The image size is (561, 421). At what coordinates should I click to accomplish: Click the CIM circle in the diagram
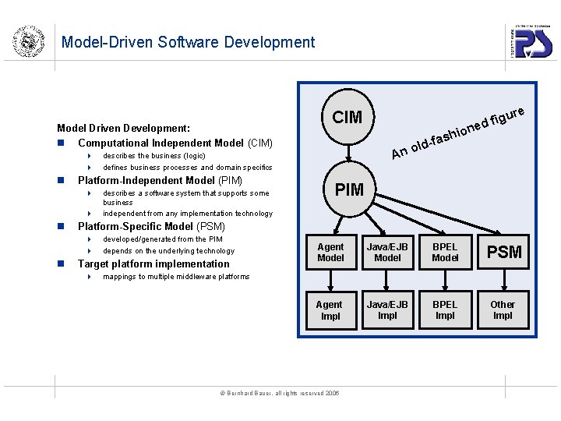click(348, 117)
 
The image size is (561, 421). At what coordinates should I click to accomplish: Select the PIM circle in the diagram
click(348, 189)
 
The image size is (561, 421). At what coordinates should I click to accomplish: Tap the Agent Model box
click(330, 253)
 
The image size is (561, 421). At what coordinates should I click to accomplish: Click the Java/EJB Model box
click(387, 253)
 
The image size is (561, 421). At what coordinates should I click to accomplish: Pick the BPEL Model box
click(445, 253)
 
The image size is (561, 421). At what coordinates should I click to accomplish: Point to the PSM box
click(503, 253)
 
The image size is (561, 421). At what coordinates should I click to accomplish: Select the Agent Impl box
click(330, 310)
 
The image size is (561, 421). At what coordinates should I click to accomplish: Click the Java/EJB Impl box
click(387, 310)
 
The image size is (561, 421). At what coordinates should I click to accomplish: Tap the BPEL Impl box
click(445, 310)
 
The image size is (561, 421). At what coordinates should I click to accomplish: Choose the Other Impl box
click(503, 310)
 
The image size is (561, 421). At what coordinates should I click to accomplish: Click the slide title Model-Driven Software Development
click(188, 42)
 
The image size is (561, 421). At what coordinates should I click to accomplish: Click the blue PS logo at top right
click(533, 41)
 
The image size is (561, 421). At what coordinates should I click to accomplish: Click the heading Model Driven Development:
click(125, 128)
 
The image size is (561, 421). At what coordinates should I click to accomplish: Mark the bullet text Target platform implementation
click(153, 264)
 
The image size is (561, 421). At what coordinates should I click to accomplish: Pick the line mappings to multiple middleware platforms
click(176, 277)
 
